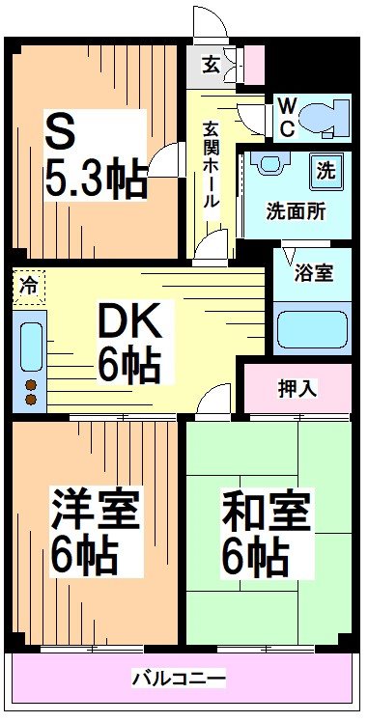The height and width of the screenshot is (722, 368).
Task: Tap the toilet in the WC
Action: [x=321, y=118]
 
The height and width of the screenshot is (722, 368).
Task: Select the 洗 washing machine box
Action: [x=326, y=172]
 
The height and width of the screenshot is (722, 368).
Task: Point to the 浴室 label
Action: [x=315, y=273]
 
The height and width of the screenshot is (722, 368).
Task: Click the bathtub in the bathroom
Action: [x=312, y=329]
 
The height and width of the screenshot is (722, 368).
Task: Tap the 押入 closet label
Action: [x=297, y=388]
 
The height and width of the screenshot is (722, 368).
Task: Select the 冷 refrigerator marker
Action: [x=30, y=287]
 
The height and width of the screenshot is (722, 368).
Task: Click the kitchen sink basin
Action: [x=30, y=345]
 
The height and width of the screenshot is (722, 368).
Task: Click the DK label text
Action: [x=133, y=320]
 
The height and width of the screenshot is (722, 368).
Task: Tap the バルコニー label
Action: [x=179, y=680]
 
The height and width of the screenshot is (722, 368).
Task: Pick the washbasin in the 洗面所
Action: [x=270, y=162]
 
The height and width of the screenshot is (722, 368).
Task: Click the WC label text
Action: [x=287, y=114]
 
